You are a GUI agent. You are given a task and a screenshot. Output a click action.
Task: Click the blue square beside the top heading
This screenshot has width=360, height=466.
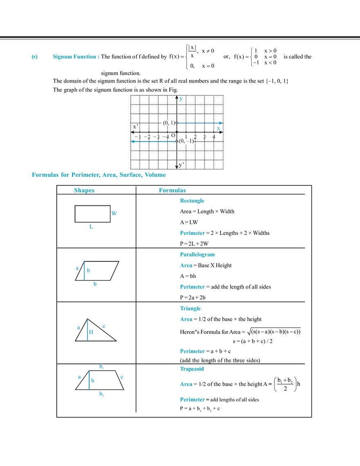pyautogui.click(x=34, y=57)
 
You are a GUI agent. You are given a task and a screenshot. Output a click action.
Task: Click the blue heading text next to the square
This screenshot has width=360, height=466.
pyautogui.click(x=76, y=57)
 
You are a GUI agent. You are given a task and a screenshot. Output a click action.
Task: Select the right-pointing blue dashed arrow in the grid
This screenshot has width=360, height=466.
pyautogui.click(x=199, y=122)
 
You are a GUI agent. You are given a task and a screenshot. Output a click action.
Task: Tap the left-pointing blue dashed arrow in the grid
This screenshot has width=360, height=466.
pyautogui.click(x=154, y=142)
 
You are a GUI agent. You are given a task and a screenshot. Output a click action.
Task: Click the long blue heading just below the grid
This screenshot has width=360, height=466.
pyautogui.click(x=98, y=176)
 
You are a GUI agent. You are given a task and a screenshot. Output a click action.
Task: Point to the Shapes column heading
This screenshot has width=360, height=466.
pyautogui.click(x=84, y=190)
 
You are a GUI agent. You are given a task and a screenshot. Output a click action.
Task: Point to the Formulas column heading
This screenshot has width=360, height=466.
pyautogui.click(x=172, y=190)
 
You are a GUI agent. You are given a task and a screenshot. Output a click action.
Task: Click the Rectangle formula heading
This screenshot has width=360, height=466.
pyautogui.click(x=192, y=201)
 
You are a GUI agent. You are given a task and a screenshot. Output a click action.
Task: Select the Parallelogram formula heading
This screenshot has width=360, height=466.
pyautogui.click(x=197, y=255)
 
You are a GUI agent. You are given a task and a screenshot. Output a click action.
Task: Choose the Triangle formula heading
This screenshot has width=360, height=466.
pyautogui.click(x=191, y=308)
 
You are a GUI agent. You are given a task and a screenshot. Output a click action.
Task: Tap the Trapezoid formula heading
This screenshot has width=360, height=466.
pyautogui.click(x=191, y=369)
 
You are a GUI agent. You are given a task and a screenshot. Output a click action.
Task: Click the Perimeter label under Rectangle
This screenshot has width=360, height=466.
pyautogui.click(x=192, y=234)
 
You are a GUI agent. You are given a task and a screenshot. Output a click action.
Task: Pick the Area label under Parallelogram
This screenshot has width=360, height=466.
pyautogui.click(x=186, y=266)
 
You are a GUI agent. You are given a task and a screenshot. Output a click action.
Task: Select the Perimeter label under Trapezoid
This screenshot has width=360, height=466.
pyautogui.click(x=191, y=399)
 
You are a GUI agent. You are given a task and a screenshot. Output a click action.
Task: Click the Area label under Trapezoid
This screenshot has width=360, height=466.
pyautogui.click(x=186, y=385)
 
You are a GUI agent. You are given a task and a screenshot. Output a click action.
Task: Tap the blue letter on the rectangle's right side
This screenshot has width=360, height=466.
pyautogui.click(x=115, y=213)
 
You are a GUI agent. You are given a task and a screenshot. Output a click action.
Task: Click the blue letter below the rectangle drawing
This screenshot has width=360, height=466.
pyautogui.click(x=92, y=228)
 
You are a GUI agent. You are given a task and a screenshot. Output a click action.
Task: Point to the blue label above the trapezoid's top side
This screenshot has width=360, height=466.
pyautogui.click(x=101, y=367)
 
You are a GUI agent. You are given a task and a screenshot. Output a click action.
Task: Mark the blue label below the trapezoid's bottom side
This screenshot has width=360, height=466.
pyautogui.click(x=102, y=396)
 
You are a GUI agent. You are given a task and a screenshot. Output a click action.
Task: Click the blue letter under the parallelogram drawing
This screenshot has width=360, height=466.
pyautogui.click(x=95, y=285)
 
